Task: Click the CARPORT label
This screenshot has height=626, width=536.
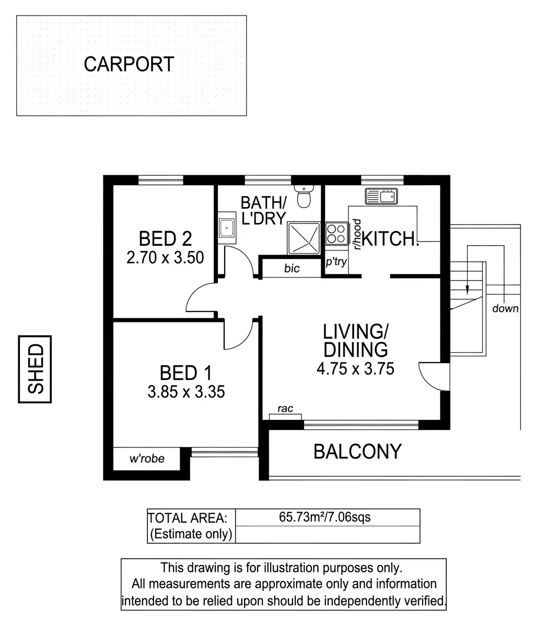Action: point(129,65)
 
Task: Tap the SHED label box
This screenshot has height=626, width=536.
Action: point(35,369)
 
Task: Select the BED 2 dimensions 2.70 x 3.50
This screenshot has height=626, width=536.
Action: point(165,258)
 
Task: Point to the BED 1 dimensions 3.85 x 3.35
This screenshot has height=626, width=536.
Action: point(186,391)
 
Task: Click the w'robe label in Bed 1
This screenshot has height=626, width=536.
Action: point(147,459)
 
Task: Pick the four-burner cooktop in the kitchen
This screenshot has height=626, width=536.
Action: point(336,233)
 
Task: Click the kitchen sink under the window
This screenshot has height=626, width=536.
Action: point(382,196)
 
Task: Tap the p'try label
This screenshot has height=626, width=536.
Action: point(336,262)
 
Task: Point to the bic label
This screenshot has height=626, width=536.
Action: point(292,269)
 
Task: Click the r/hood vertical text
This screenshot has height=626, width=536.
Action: point(357,234)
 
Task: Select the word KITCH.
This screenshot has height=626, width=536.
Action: point(390,239)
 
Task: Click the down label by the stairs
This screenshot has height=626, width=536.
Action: point(505,308)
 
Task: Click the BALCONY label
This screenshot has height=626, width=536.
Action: point(357,451)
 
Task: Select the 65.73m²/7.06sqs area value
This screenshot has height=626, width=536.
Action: point(325,517)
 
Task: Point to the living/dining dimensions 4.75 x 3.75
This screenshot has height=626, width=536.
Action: point(355,369)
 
